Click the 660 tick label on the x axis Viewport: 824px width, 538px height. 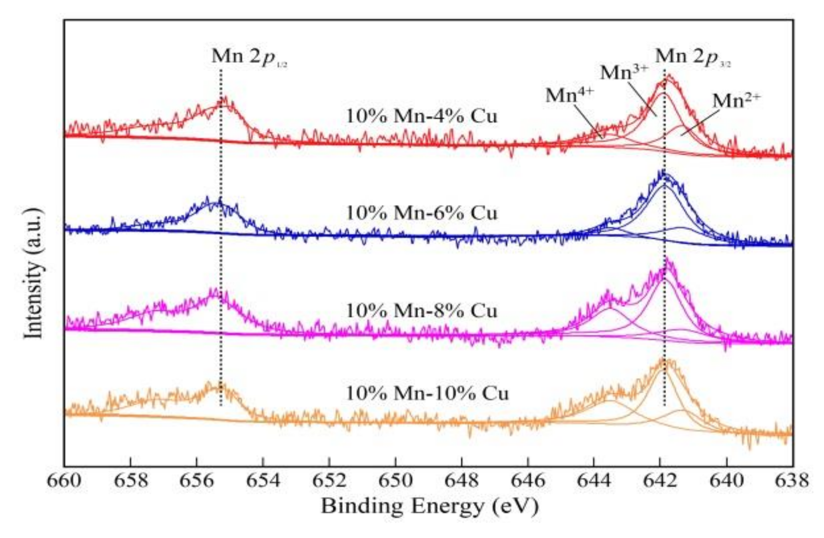click(64, 480)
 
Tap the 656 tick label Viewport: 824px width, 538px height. click(196, 480)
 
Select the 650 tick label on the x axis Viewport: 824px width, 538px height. click(395, 480)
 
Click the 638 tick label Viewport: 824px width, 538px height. click(792, 480)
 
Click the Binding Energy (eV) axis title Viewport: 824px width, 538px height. click(429, 506)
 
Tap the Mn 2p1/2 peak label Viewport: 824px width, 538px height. click(249, 57)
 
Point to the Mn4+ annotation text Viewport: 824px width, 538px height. click(570, 95)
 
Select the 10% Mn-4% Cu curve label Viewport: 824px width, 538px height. click(421, 116)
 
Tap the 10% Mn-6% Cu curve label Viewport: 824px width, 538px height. click(421, 213)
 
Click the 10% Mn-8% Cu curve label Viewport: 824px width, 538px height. click(421, 311)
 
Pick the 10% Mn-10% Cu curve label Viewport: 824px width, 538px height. click(427, 393)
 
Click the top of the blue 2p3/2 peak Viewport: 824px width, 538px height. click(662, 171)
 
